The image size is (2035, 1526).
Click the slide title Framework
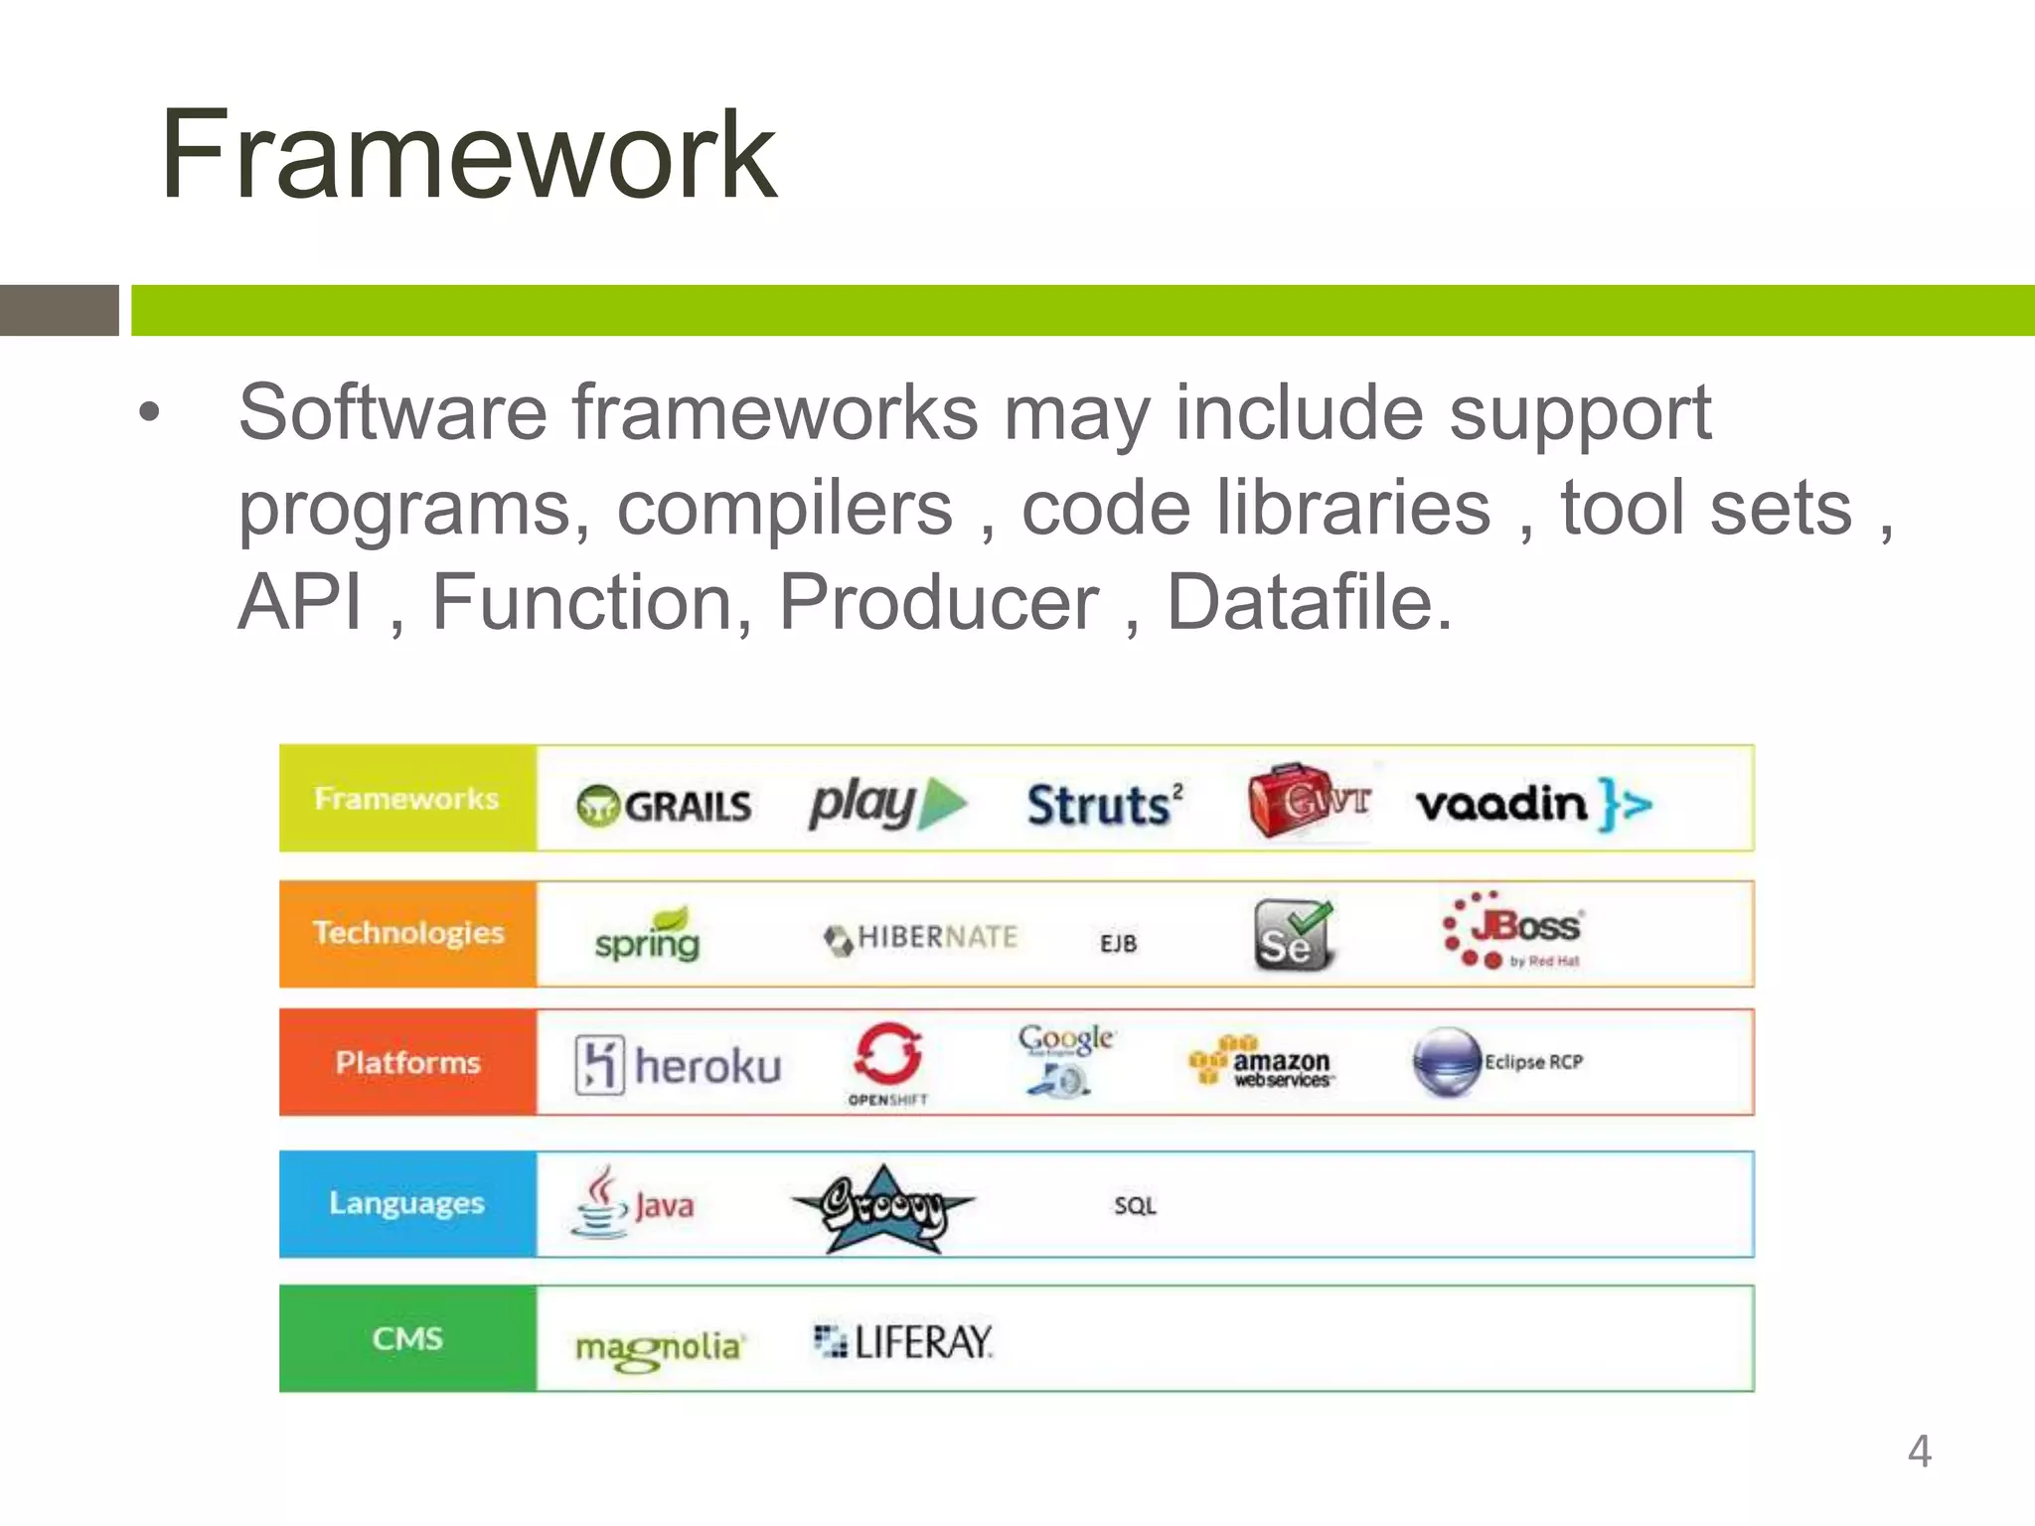tap(468, 156)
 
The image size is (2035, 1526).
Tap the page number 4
tap(1919, 1450)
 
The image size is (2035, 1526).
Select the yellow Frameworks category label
tap(406, 799)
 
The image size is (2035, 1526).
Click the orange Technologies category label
tap(407, 933)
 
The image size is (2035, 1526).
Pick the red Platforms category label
tap(407, 1063)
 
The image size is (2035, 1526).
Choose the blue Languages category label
tap(406, 1203)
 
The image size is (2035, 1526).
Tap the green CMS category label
tap(407, 1338)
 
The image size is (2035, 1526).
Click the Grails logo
tap(664, 805)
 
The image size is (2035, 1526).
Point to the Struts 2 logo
tap(1104, 804)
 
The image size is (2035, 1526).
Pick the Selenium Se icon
tap(1292, 935)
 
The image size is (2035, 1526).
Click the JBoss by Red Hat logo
tap(1513, 930)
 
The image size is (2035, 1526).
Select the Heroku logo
tap(679, 1065)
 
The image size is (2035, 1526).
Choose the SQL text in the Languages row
tap(1135, 1206)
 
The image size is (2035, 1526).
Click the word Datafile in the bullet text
tap(1309, 602)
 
